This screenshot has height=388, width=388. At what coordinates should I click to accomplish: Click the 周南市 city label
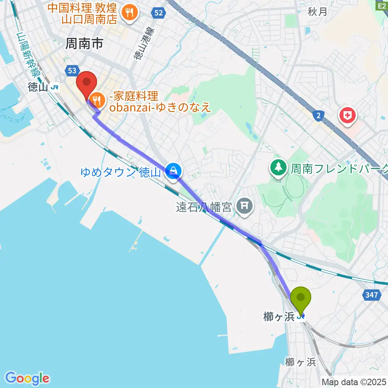tap(85, 44)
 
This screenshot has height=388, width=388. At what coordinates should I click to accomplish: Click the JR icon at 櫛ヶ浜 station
tap(300, 317)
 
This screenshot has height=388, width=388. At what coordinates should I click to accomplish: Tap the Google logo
tap(27, 378)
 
